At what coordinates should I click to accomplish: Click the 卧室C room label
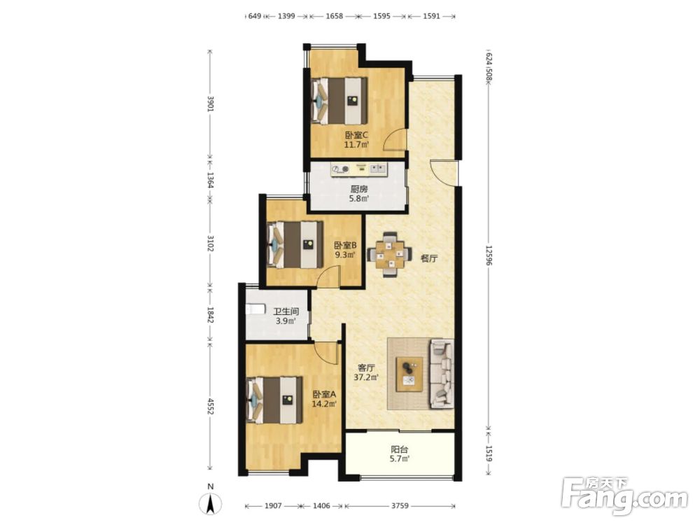pyautogui.click(x=356, y=134)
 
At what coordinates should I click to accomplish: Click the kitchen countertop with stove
pyautogui.click(x=359, y=169)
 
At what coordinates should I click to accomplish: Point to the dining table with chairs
pyautogui.click(x=390, y=255)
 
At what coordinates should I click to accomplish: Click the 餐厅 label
pyautogui.click(x=428, y=258)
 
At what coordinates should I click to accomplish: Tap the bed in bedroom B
pyautogui.click(x=295, y=245)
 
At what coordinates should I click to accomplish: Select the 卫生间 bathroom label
pyautogui.click(x=286, y=311)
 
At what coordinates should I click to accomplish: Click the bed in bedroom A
pyautogui.click(x=274, y=400)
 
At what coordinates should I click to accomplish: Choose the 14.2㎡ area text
pyautogui.click(x=323, y=405)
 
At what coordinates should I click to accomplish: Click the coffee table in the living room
pyautogui.click(x=409, y=374)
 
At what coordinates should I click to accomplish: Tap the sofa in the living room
pyautogui.click(x=442, y=374)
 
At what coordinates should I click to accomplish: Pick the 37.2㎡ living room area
pyautogui.click(x=366, y=377)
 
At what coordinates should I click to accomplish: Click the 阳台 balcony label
pyautogui.click(x=400, y=450)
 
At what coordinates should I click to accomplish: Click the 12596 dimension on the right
pyautogui.click(x=489, y=255)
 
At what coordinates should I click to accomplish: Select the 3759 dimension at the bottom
pyautogui.click(x=400, y=506)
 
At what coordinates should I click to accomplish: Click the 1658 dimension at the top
pyautogui.click(x=335, y=16)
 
